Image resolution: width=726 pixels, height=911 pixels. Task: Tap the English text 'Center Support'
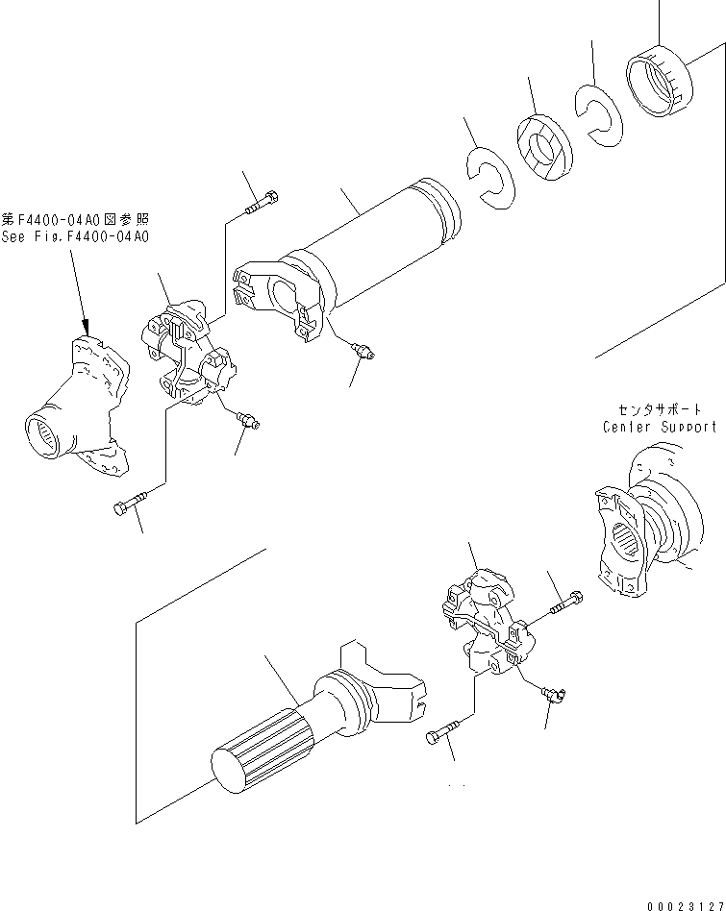pyautogui.click(x=659, y=427)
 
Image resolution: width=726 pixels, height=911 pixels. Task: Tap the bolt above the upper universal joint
pyautogui.click(x=263, y=203)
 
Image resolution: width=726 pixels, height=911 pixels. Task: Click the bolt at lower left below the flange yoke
pyautogui.click(x=134, y=505)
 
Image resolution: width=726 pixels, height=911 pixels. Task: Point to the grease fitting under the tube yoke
pyautogui.click(x=363, y=352)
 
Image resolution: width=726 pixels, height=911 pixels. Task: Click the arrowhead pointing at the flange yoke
pyautogui.click(x=85, y=328)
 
